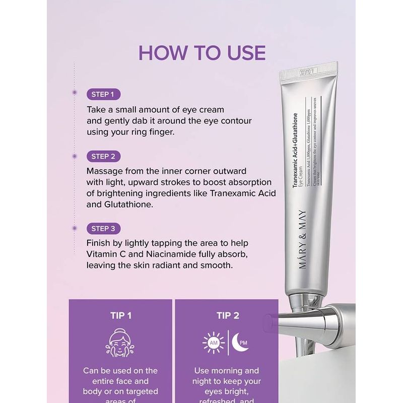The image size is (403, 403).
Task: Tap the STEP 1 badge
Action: click(x=103, y=94)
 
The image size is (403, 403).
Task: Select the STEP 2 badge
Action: click(x=103, y=156)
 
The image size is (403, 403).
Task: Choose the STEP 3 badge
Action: click(x=103, y=229)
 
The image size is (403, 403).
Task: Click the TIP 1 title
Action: click(x=120, y=316)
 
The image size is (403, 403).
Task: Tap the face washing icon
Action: click(x=120, y=343)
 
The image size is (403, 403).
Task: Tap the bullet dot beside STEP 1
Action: click(x=75, y=93)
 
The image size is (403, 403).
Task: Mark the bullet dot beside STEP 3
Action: click(x=75, y=228)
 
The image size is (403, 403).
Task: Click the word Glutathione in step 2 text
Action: click(x=132, y=206)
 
